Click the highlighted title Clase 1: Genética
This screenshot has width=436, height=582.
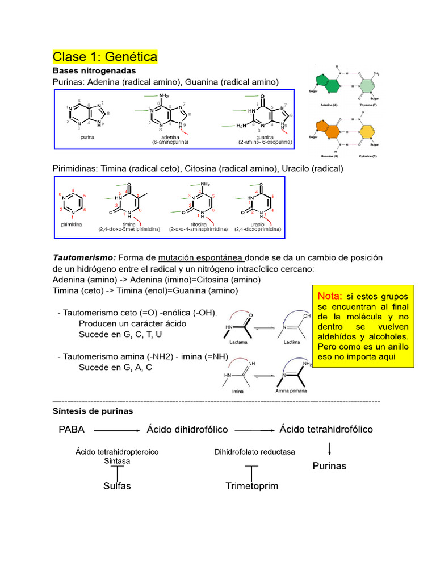[x=105, y=57]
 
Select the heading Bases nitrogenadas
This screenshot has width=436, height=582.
[x=94, y=71]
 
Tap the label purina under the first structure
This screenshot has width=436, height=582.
[x=87, y=137]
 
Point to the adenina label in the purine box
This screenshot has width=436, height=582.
[x=166, y=137]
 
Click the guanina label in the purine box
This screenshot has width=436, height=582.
[x=265, y=137]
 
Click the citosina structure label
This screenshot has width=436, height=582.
[x=198, y=225]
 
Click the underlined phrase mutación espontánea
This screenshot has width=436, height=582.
[x=200, y=257]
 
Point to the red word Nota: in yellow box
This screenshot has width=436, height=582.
[x=330, y=296]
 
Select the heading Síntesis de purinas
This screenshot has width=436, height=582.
[x=93, y=410]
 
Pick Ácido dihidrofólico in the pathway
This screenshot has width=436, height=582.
[x=187, y=430]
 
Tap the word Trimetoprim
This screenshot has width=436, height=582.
[x=252, y=486]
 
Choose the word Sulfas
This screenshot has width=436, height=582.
[x=117, y=486]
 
